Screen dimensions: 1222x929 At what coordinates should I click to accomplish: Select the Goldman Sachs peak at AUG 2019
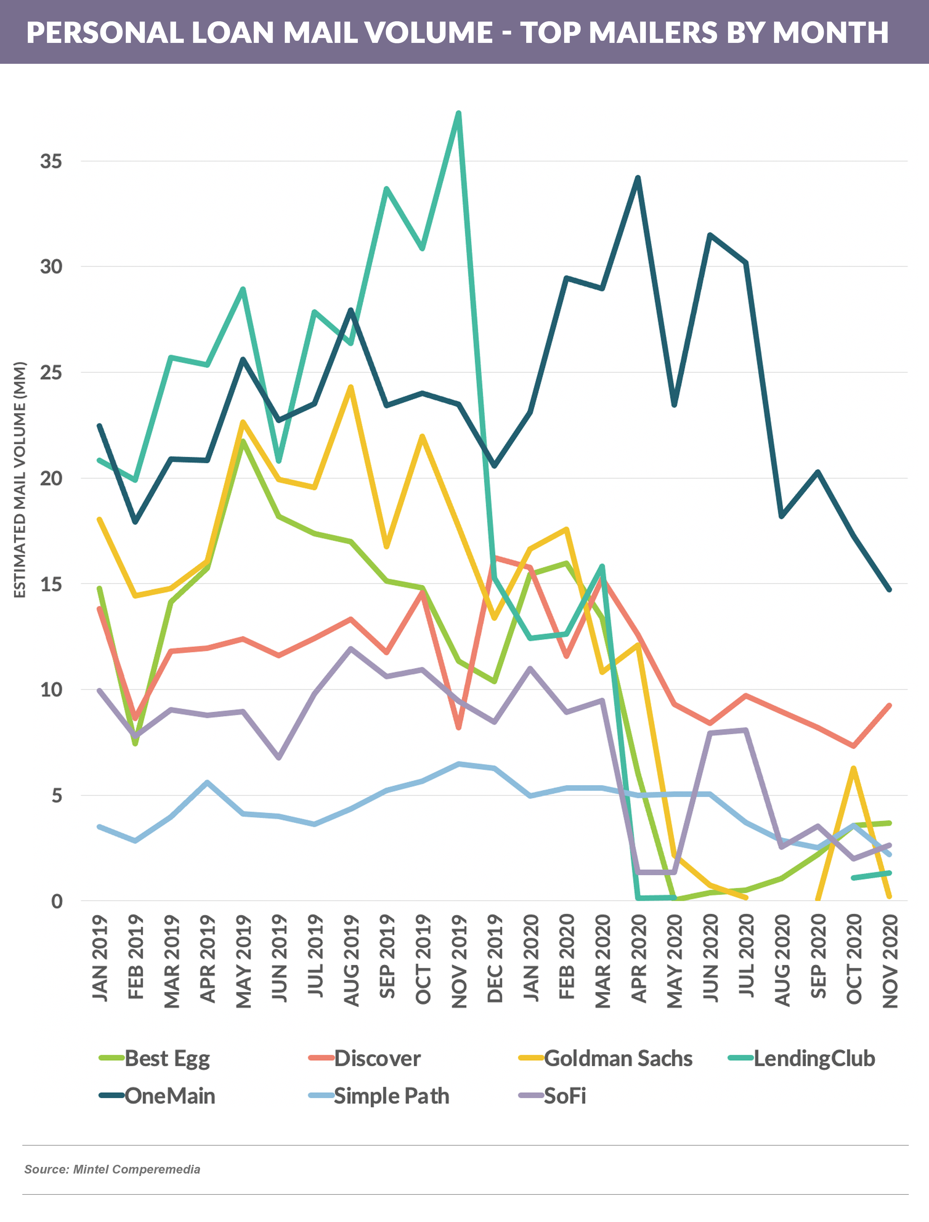pyautogui.click(x=350, y=387)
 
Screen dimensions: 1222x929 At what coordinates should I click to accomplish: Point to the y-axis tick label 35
pyautogui.click(x=51, y=161)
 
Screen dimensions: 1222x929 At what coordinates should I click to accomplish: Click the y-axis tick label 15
pyautogui.click(x=51, y=584)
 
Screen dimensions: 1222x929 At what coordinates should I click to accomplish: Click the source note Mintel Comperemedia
pyautogui.click(x=112, y=1169)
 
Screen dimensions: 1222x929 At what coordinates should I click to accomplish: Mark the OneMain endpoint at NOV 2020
pyautogui.click(x=889, y=590)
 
